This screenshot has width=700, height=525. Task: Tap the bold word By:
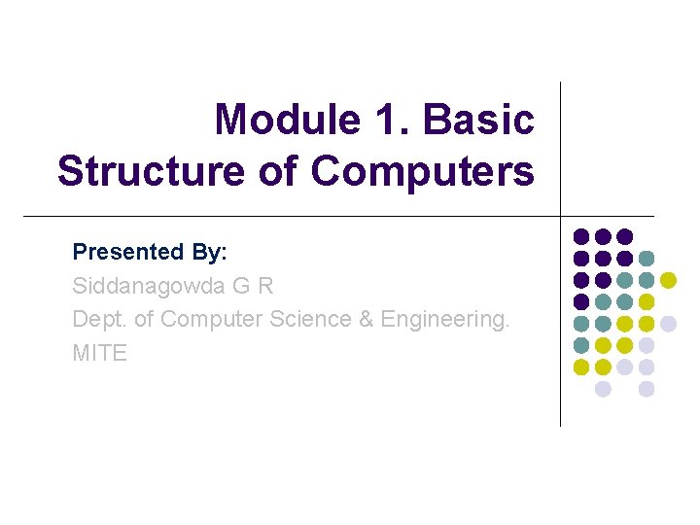point(209,252)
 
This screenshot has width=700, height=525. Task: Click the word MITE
point(100,353)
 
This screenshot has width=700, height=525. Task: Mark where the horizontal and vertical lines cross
point(561,216)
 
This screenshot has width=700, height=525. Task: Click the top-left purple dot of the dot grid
point(581,236)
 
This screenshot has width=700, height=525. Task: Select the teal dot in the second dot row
point(647,259)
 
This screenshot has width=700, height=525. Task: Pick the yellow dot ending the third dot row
point(668,280)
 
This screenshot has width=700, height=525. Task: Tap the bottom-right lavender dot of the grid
point(647,389)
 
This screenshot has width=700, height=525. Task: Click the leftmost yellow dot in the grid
point(581,367)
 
